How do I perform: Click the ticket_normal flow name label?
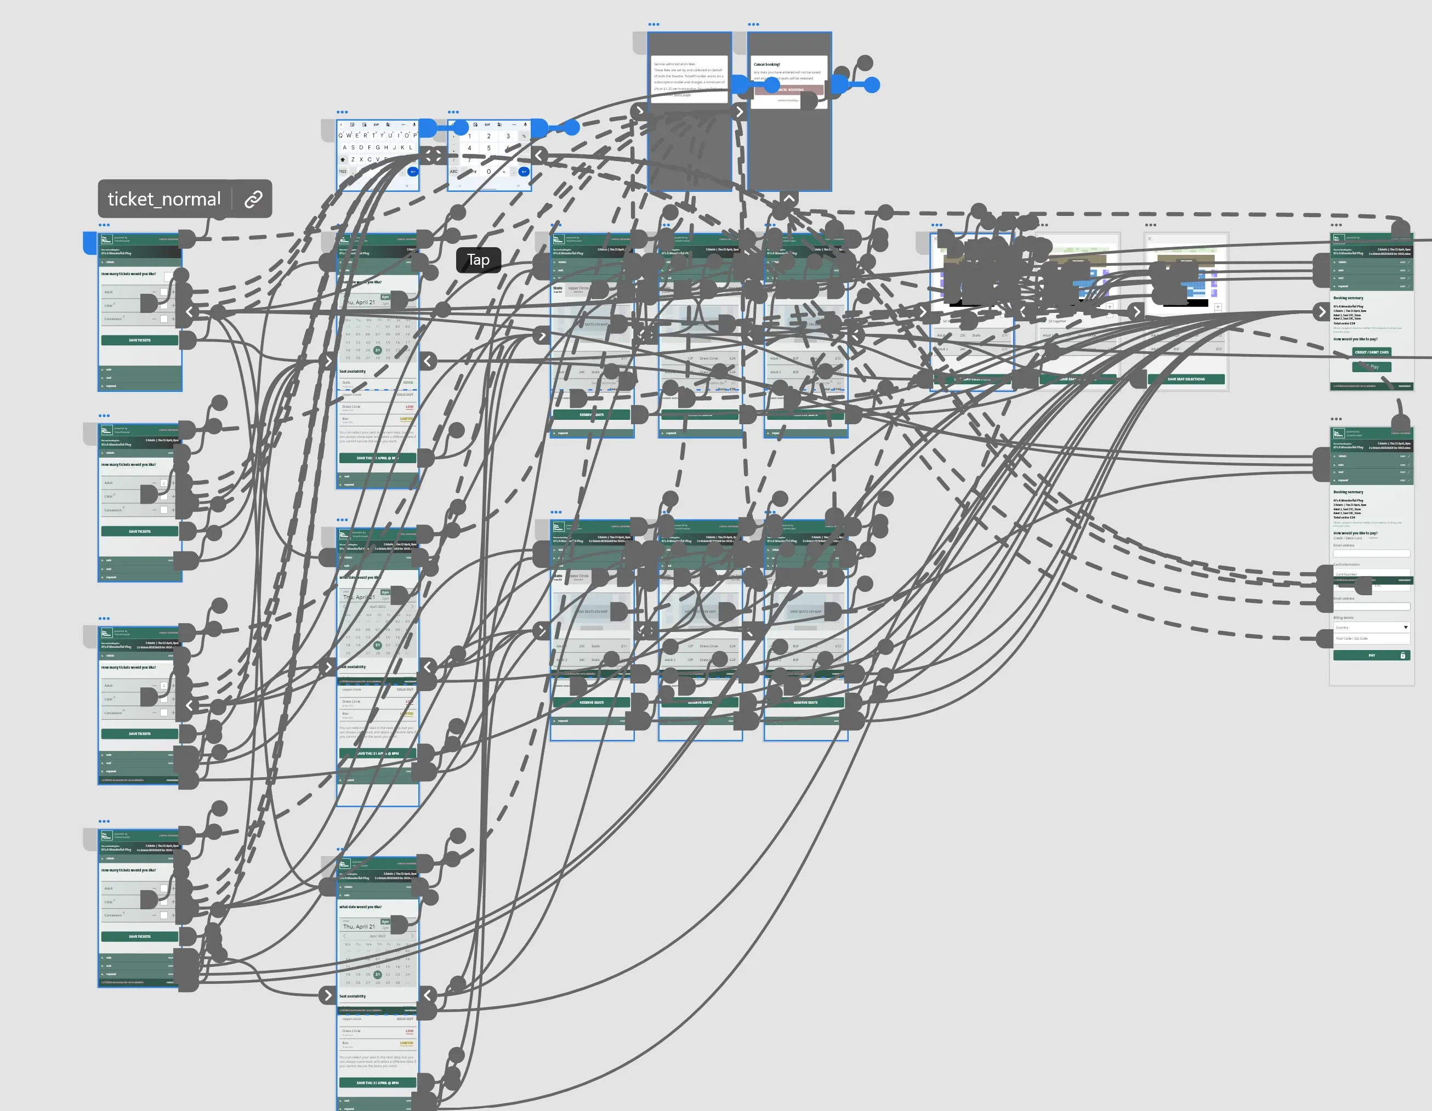pos(164,198)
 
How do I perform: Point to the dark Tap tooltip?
pos(478,260)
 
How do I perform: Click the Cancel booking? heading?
pos(766,64)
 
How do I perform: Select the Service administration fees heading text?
pos(674,64)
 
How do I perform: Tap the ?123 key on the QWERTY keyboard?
pos(342,172)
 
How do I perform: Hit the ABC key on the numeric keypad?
pos(454,172)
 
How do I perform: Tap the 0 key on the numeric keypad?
pos(488,172)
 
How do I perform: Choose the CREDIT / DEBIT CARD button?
pos(1371,352)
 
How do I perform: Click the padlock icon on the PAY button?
pos(1402,656)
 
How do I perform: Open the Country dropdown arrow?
pos(1405,627)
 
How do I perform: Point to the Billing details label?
pos(1343,618)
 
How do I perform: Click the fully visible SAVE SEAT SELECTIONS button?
pos(1185,379)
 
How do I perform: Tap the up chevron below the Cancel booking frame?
pos(789,198)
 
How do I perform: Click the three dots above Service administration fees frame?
pos(654,24)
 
